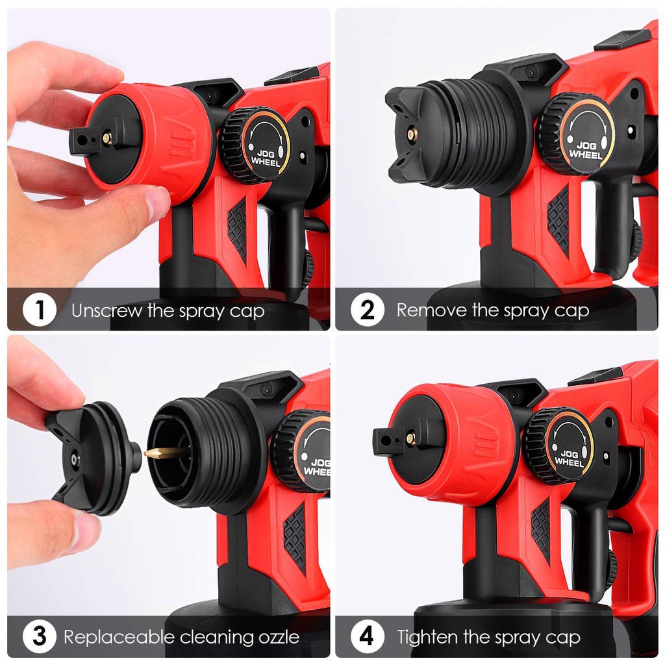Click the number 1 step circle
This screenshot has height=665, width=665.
click(40, 310)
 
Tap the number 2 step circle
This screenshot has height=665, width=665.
click(367, 310)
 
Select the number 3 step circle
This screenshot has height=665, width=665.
click(40, 636)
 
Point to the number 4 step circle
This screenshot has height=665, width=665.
click(367, 636)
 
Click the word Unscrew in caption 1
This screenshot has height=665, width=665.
click(107, 310)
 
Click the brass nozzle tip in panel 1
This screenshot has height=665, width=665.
click(106, 137)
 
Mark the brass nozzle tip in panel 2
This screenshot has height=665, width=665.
click(411, 134)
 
